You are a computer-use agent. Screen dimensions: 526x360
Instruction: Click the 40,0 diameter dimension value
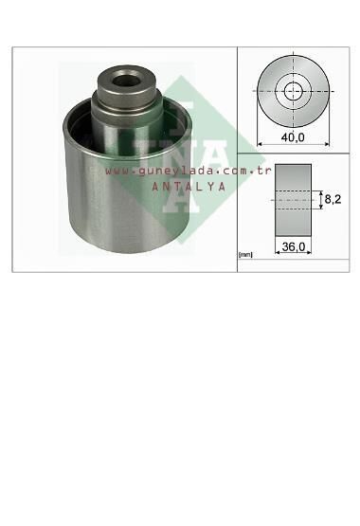point(294,137)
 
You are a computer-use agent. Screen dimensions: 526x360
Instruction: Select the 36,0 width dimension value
point(294,246)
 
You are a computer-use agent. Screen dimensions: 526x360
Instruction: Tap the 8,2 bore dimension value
point(333,199)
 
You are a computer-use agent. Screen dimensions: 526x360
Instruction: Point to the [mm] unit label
point(246,254)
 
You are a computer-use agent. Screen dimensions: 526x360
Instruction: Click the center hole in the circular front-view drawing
point(294,92)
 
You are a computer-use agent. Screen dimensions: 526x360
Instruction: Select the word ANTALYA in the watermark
point(189,187)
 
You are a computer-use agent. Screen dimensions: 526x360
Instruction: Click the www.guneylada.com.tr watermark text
point(189,172)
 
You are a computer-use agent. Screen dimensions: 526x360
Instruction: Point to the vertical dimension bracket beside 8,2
point(320,200)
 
